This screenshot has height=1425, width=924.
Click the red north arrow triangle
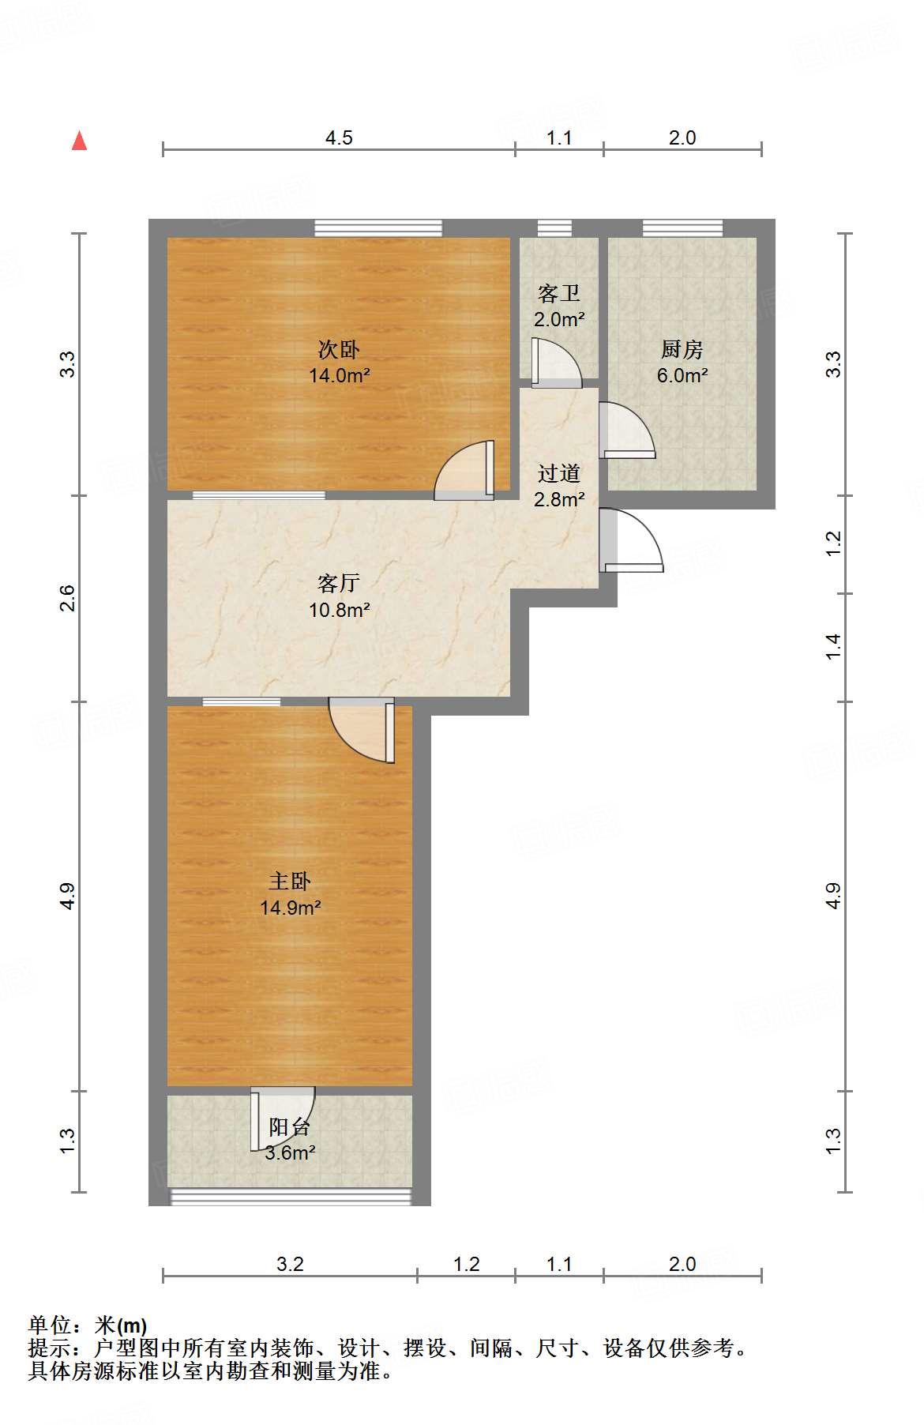79,141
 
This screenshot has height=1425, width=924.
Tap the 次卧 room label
339,348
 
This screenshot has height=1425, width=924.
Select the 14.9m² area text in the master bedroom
290,908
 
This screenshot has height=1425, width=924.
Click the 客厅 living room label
339,583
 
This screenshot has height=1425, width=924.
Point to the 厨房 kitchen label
682,348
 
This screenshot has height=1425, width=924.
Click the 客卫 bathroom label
558,293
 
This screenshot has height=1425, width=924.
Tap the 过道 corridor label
558,473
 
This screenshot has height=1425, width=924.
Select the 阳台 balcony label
289,1126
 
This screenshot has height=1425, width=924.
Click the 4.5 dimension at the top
339,137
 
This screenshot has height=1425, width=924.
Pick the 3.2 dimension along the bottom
290,1264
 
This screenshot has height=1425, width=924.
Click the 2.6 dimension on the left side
68,598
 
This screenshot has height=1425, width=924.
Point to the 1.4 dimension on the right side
834,647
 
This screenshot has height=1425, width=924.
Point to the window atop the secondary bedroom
377,227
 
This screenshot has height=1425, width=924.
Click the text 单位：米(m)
88,1325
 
